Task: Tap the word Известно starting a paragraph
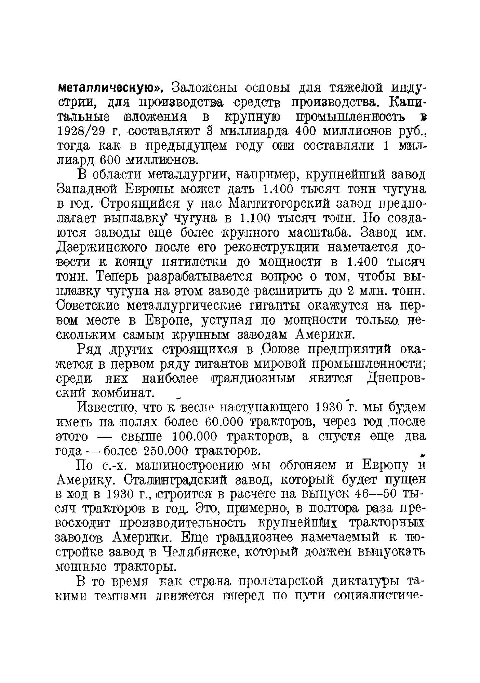click(x=105, y=407)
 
